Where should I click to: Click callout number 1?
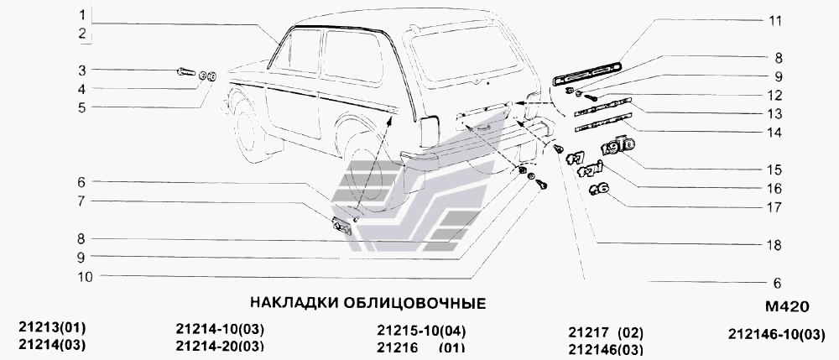coord(82,16)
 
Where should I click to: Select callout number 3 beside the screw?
coord(82,70)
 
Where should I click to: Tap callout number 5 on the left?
coord(82,107)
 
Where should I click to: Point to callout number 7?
coord(82,201)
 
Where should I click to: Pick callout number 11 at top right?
coord(776,18)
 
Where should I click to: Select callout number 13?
coord(776,114)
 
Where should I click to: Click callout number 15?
coord(776,170)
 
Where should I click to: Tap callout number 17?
coord(776,207)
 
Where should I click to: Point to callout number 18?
coord(776,246)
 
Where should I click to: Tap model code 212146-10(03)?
coord(777,334)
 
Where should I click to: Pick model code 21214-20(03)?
coord(221,346)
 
